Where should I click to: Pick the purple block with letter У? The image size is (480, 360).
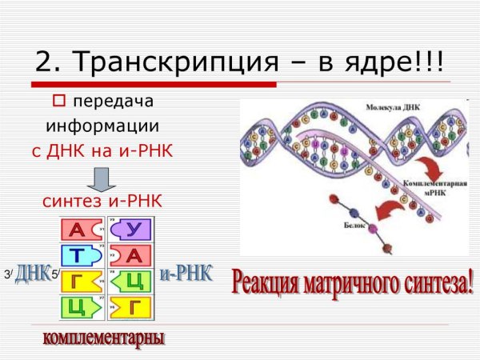(x=130, y=230)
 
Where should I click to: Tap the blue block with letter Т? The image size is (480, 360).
(x=80, y=255)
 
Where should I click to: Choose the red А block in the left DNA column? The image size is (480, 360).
(x=80, y=230)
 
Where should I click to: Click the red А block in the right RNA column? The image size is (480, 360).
(x=130, y=255)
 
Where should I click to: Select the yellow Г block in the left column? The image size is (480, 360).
(x=80, y=281)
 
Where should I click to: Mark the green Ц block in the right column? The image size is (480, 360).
(x=130, y=281)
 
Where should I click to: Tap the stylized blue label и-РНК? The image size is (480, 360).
(x=186, y=274)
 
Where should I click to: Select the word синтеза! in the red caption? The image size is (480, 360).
(x=436, y=282)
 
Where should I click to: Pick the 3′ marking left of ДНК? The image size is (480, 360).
(x=8, y=275)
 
